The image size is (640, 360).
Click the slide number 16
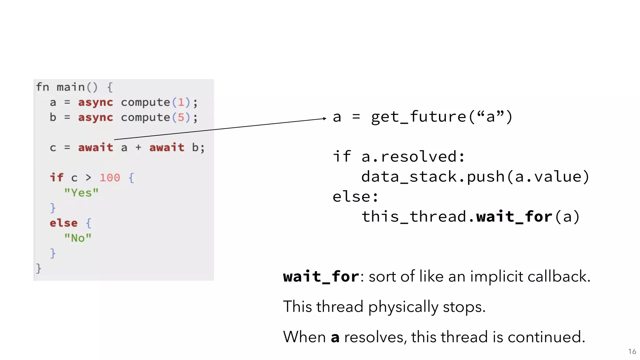click(x=632, y=352)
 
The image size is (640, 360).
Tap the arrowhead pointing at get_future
click(x=324, y=118)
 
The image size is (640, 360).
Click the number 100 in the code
click(x=110, y=177)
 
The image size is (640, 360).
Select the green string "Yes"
click(x=81, y=192)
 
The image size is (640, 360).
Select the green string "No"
click(x=78, y=238)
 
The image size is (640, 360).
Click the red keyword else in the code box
click(x=63, y=223)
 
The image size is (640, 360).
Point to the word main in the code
click(x=71, y=87)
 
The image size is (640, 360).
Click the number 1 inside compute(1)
click(x=181, y=102)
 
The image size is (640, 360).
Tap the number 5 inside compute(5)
click(x=181, y=117)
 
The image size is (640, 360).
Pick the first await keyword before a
click(x=96, y=147)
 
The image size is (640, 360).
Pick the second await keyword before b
click(x=167, y=147)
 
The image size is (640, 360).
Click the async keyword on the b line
click(x=96, y=117)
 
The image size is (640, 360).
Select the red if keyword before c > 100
click(x=57, y=177)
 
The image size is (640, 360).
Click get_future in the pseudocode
click(x=419, y=117)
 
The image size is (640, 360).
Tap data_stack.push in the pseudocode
click(x=433, y=177)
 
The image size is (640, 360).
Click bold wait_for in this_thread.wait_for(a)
click(x=514, y=217)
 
